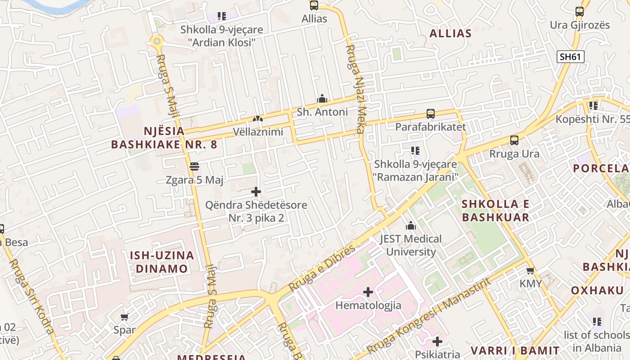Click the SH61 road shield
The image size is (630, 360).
pyautogui.click(x=571, y=57)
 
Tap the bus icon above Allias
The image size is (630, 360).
pyautogui.click(x=314, y=5)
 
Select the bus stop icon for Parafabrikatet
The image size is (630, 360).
pyautogui.click(x=431, y=114)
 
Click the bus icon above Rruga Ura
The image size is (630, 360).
pyautogui.click(x=514, y=140)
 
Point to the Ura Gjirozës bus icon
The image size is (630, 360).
pyautogui.click(x=580, y=12)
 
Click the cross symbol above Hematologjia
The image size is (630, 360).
pyautogui.click(x=368, y=292)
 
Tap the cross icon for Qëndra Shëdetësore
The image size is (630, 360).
pyautogui.click(x=256, y=192)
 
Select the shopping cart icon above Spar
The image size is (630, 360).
pyautogui.click(x=125, y=317)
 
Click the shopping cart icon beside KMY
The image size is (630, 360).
pyautogui.click(x=531, y=270)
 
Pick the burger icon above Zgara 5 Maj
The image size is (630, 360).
pyautogui.click(x=194, y=166)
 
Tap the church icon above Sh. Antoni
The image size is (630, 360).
pyautogui.click(x=322, y=99)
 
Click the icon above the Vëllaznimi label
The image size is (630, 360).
pyautogui.click(x=258, y=119)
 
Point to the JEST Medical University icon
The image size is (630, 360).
pyautogui.click(x=411, y=225)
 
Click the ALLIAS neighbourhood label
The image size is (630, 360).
pyautogui.click(x=450, y=33)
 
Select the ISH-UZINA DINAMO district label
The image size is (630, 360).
pyautogui.click(x=162, y=262)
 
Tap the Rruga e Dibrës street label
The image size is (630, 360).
pyautogui.click(x=321, y=268)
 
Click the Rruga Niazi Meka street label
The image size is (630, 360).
pyautogui.click(x=355, y=89)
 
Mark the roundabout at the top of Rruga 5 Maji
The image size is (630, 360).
pyautogui.click(x=157, y=41)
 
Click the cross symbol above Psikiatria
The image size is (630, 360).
pyautogui.click(x=437, y=342)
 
